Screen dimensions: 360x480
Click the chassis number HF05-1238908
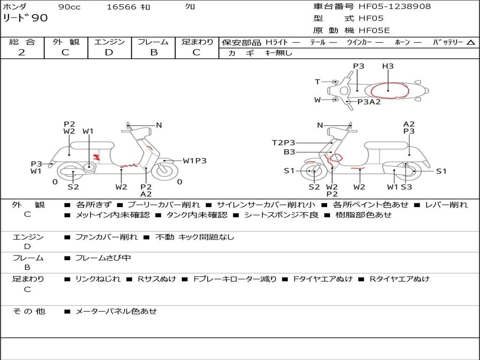(x=395, y=7)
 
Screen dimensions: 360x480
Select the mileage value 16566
(x=121, y=7)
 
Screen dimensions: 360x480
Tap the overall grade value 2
(x=22, y=52)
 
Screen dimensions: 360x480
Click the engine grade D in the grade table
(x=109, y=52)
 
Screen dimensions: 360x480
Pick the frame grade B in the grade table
(x=153, y=52)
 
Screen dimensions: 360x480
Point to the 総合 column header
(x=22, y=42)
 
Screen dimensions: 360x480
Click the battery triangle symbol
(x=471, y=43)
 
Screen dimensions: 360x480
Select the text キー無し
(x=278, y=53)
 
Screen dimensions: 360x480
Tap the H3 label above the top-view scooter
(x=388, y=67)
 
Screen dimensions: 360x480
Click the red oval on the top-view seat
(x=389, y=90)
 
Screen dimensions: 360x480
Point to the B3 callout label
(x=289, y=152)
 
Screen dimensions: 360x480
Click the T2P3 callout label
(x=284, y=143)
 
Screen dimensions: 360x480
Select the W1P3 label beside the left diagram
(x=195, y=161)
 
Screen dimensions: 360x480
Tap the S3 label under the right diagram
(x=406, y=187)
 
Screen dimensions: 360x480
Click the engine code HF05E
(x=374, y=31)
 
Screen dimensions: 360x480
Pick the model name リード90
(x=25, y=18)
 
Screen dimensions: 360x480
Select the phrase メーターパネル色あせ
(x=116, y=311)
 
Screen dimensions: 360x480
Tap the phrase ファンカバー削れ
(x=106, y=237)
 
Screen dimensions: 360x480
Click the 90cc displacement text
(x=69, y=7)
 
